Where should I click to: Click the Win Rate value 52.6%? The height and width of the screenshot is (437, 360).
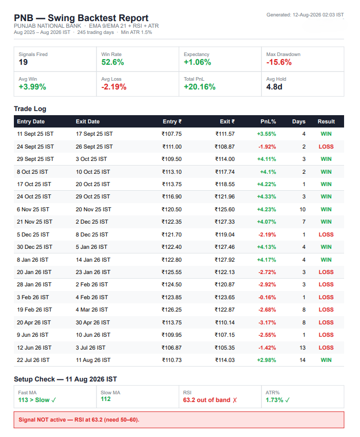tap(112, 62)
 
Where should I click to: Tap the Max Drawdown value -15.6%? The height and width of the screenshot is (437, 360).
tap(279, 62)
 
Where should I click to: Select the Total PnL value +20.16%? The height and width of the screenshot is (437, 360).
tap(200, 87)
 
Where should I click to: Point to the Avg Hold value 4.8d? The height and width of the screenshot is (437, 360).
tap(274, 87)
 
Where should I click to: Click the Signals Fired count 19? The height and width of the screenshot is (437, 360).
tap(23, 62)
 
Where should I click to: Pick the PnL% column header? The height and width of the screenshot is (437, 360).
tap(268, 121)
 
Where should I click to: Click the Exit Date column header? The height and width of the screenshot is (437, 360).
tap(88, 121)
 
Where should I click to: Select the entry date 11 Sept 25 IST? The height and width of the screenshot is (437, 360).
tap(35, 134)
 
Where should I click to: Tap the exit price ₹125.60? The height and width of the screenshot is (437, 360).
tap(225, 209)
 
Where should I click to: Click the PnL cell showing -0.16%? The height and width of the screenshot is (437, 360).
tap(267, 297)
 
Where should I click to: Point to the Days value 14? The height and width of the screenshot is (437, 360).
tap(302, 360)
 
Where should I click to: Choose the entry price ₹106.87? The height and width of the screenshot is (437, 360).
tap(172, 348)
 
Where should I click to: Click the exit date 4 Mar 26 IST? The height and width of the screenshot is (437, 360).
tap(92, 309)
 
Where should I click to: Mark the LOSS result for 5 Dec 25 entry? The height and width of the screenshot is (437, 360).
tap(326, 234)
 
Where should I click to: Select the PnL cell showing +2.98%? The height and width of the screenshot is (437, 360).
tap(267, 360)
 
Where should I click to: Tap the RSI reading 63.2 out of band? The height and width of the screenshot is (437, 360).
tap(206, 400)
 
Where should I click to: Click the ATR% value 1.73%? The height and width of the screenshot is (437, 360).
tap(274, 400)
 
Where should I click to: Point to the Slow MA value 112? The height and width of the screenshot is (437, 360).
tap(105, 399)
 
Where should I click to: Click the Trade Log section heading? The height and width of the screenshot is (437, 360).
tap(30, 108)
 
